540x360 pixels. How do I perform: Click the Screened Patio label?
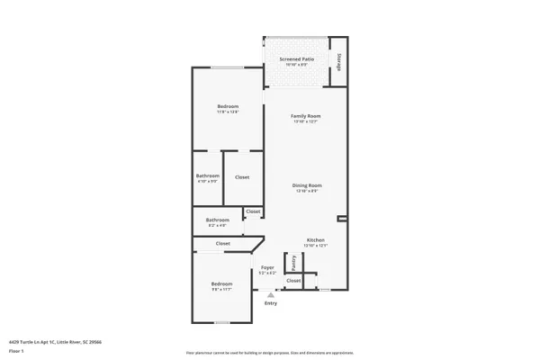[296, 58]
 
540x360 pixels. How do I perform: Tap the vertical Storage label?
[339, 61]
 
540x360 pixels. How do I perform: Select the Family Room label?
[306, 116]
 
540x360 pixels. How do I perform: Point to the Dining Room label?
[307, 185]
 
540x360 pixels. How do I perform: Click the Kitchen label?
[316, 239]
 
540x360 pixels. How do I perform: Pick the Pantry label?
[293, 262]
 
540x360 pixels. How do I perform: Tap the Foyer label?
[267, 267]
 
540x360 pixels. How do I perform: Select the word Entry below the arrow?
[271, 303]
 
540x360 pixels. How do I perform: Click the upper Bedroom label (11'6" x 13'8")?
[227, 107]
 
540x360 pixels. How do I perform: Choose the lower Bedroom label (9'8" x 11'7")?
[221, 284]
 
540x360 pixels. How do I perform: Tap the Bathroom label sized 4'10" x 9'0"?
[208, 176]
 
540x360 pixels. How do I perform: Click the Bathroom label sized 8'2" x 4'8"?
[218, 220]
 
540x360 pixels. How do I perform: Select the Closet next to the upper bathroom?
[242, 177]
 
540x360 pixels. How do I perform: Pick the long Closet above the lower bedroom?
[222, 243]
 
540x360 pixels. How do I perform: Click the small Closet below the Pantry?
[293, 281]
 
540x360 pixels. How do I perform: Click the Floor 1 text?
[16, 351]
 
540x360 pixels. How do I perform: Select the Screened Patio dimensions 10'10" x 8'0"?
[296, 65]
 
